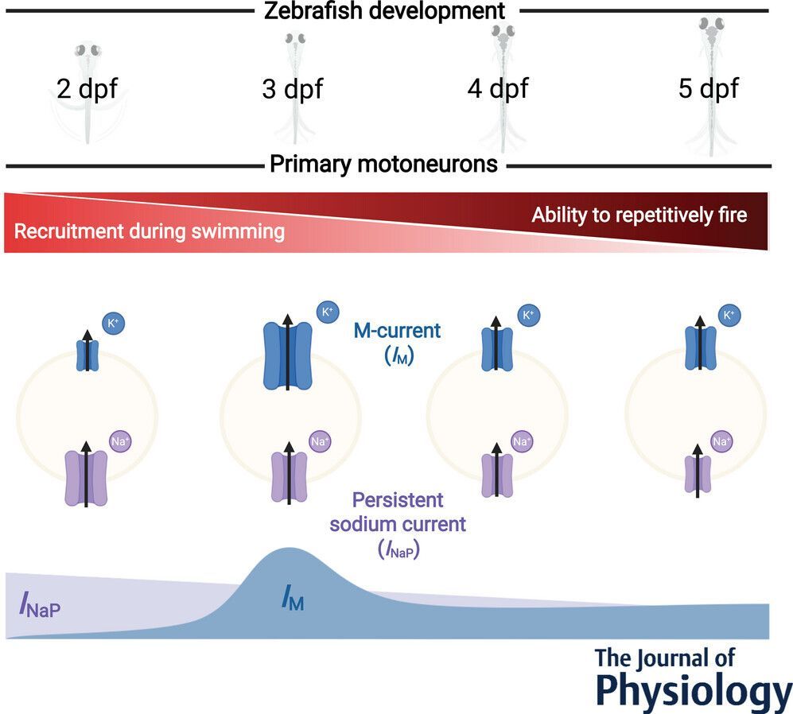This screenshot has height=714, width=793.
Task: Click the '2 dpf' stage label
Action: [x=87, y=88]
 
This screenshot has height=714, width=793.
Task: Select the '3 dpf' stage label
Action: [x=292, y=88]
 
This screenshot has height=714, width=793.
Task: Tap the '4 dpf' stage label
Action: [x=497, y=88]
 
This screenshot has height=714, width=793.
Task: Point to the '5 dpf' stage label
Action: [x=708, y=88]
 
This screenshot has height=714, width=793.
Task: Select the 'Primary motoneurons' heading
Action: [x=384, y=165]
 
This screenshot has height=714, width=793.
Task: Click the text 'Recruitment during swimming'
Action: [x=150, y=232]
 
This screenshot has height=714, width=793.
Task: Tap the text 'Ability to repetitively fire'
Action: [x=639, y=215]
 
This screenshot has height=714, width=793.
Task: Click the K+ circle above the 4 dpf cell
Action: [x=527, y=316]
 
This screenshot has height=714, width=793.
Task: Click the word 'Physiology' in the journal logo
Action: [x=692, y=689]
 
